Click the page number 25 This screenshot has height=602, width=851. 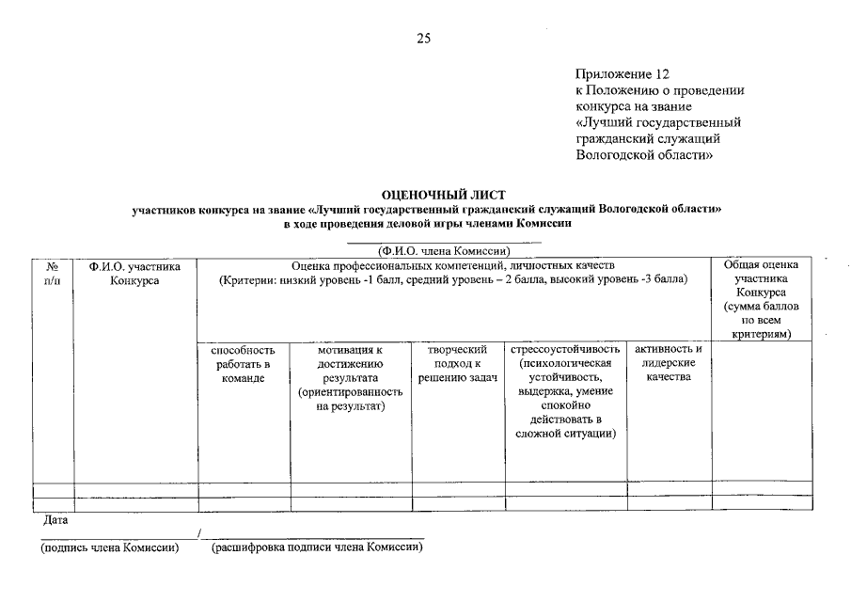pos(423,39)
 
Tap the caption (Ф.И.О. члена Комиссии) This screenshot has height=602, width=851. pos(443,251)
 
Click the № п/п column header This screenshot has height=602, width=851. pos(53,274)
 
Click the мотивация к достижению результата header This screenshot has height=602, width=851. pos(351,377)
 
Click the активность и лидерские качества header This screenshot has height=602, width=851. pos(669,363)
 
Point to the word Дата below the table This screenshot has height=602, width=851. pos(55,519)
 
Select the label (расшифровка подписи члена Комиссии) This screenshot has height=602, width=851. pos(317,548)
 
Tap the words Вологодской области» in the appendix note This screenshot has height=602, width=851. pos(643,155)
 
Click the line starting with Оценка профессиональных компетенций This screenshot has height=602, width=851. pos(452,266)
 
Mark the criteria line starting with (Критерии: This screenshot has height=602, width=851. pos(452,280)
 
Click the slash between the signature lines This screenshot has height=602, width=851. pos(199,534)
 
